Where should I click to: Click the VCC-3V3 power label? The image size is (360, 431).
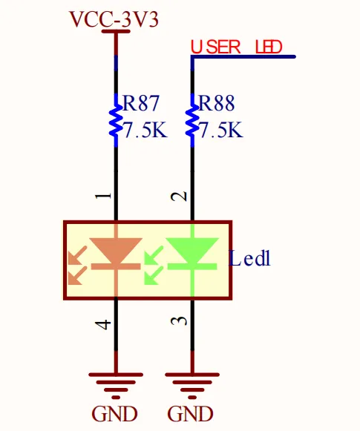click(114, 19)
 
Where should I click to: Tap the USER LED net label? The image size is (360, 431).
click(237, 47)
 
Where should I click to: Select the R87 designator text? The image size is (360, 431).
click(141, 103)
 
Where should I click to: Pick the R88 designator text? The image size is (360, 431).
click(217, 103)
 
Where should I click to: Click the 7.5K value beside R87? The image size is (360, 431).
click(145, 130)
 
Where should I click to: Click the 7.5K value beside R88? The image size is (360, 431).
click(220, 130)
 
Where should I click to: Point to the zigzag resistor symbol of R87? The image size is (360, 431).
click(116, 120)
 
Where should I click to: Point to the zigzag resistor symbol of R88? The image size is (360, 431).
click(192, 120)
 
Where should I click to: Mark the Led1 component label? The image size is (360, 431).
click(249, 258)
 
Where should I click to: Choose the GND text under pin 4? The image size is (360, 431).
click(114, 414)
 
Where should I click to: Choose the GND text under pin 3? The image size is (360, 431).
click(190, 414)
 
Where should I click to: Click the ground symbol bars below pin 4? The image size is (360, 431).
click(116, 386)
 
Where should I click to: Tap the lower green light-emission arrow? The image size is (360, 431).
click(154, 276)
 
